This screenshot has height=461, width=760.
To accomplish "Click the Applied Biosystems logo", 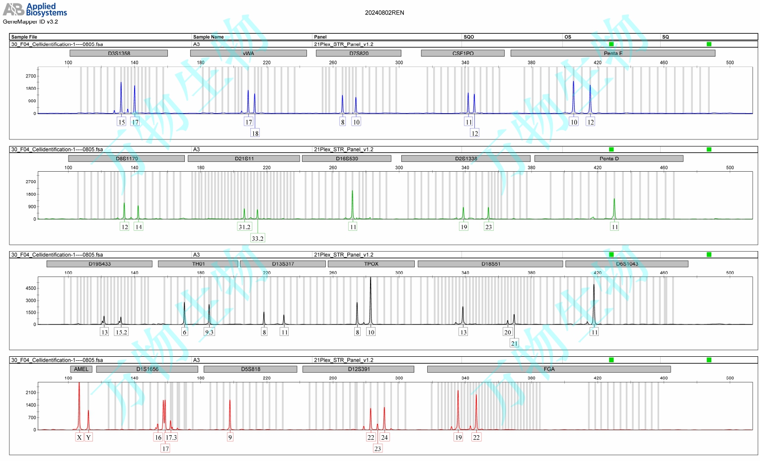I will pos(35,9).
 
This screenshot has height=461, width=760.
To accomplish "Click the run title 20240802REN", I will pos(384,13).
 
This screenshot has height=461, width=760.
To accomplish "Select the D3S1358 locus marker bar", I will pos(119,53).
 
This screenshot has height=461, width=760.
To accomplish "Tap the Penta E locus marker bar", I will pos(612,53).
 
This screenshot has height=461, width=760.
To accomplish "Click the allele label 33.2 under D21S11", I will pos(257,238).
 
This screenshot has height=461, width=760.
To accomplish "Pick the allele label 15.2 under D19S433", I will pos(121,332).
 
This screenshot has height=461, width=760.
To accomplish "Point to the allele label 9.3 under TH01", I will pos(209,332).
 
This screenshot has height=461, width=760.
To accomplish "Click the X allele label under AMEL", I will pos(79,437).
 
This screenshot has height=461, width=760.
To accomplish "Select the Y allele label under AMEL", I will pos(88,437).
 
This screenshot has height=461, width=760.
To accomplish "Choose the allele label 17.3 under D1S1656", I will pos(171,437).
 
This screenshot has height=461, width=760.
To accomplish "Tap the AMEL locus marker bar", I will pos(81,369).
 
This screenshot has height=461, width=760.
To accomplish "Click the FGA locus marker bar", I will pos(549,369).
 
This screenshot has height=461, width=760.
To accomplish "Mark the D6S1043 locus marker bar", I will pos(627,264).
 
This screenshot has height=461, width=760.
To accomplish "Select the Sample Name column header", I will pos(208,37).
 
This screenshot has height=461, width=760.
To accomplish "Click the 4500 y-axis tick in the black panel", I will pos(31,288).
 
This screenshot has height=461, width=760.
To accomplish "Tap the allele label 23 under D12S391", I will pos(378,449).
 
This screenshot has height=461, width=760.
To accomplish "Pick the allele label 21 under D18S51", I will pos(514,343).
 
